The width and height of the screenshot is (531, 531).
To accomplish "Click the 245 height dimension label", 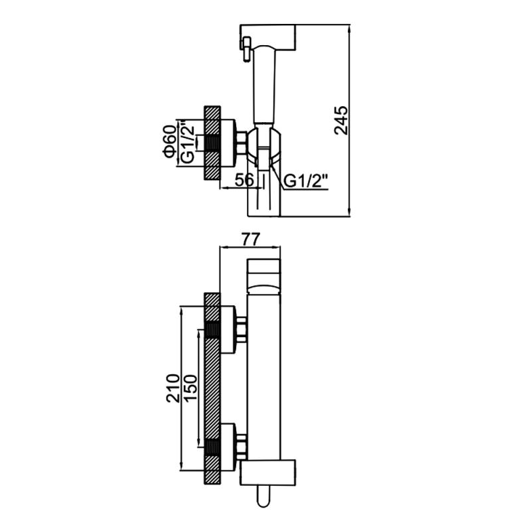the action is [341, 121].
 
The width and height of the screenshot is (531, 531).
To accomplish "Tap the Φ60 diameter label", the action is [169, 141].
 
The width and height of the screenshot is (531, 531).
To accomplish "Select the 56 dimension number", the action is [244, 180].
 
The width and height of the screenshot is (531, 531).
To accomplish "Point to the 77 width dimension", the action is [251, 239].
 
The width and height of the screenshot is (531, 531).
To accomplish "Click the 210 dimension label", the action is [173, 388].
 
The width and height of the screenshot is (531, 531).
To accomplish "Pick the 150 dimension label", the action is [190, 388].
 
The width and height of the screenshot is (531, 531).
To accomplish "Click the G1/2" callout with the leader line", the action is [306, 181].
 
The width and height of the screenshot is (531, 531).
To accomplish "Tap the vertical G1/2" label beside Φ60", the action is [188, 144].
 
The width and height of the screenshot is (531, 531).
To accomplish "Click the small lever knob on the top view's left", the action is [246, 49].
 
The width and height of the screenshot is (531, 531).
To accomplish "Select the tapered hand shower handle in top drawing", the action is [265, 84].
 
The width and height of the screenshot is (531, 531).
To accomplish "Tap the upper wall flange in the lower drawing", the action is [228, 329].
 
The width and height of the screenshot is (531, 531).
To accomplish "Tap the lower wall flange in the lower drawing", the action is [228, 447].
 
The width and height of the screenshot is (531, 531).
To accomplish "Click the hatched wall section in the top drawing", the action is [212, 143].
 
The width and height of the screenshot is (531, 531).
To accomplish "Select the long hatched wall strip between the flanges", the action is [212, 388].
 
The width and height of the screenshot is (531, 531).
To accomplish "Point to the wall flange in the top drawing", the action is [228, 143].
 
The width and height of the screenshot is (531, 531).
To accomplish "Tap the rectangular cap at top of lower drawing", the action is [264, 275].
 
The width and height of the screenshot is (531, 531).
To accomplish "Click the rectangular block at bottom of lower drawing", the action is [268, 473].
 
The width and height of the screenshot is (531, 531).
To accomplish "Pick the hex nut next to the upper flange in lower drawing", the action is [241, 329].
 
